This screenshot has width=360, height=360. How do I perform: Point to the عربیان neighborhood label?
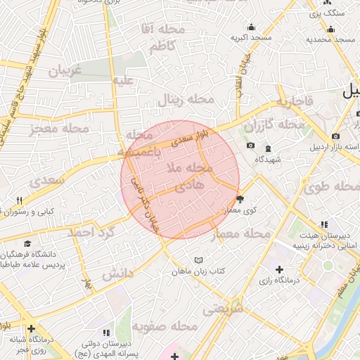(x=65, y=71)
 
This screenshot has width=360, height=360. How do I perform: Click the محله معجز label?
(x=60, y=130)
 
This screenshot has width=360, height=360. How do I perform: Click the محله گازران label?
(x=276, y=125)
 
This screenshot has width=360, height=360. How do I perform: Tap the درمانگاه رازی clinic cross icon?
(x=280, y=269)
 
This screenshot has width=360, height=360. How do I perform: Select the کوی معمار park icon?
(x=239, y=199)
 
